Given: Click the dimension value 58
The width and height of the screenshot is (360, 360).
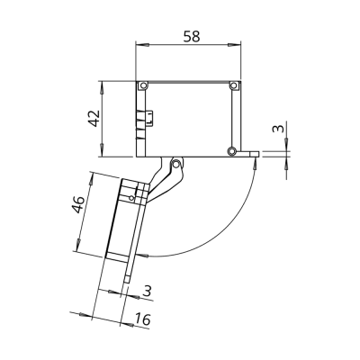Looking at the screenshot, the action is (191, 37).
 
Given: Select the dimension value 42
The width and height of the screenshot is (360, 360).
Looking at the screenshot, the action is (95, 119).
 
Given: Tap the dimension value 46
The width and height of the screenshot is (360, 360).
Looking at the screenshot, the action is (78, 205).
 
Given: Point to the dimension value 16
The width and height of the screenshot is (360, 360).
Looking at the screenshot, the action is (142, 319).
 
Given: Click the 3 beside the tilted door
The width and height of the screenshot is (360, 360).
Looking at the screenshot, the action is (147, 291).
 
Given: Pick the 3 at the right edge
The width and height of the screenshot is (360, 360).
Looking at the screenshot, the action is (278, 129).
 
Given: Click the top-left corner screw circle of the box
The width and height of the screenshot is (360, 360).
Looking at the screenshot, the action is (143, 86).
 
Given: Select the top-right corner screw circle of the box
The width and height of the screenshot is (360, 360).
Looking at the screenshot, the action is (233, 86).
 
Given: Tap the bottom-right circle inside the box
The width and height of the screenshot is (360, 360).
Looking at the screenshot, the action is (231, 150).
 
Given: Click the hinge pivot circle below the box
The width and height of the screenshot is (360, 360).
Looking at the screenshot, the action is (176, 164).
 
